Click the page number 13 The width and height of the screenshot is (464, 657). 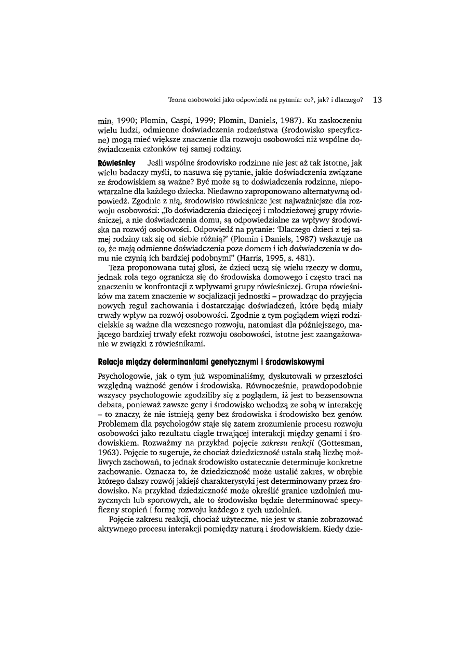point(377,99)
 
